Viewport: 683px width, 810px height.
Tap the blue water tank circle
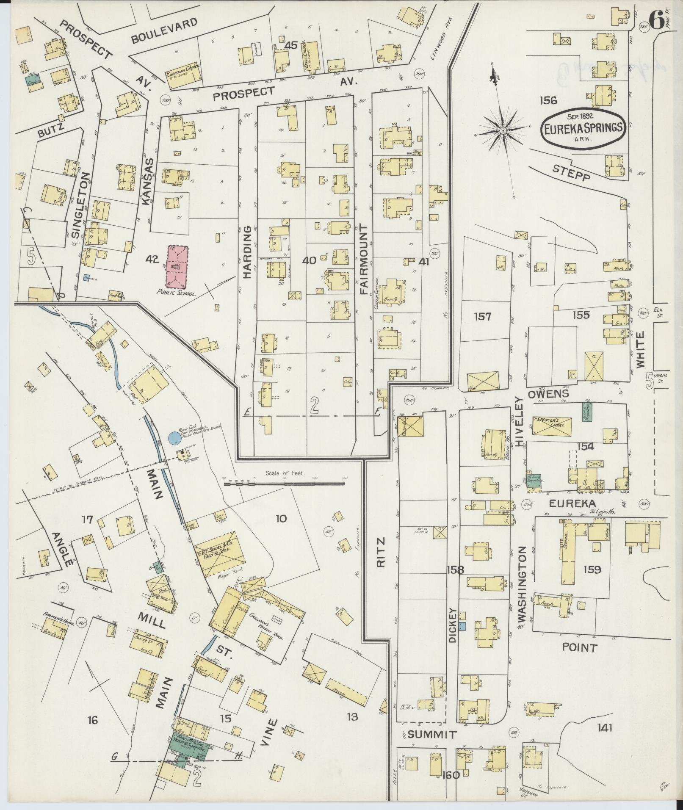tap(174, 438)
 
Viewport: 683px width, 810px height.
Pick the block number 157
tap(482, 316)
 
